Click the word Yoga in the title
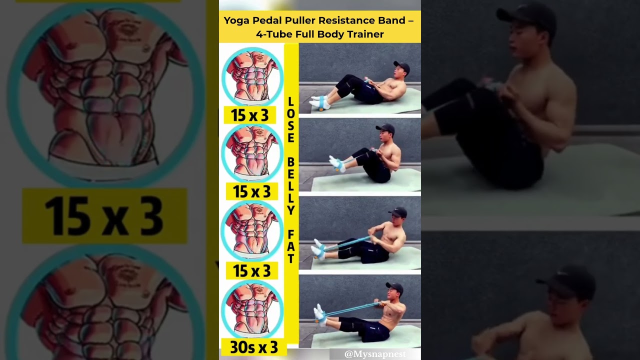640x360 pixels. [x=236, y=20]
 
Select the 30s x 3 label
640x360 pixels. [x=254, y=347]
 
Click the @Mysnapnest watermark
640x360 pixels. [x=375, y=354]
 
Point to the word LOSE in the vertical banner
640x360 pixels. [x=291, y=120]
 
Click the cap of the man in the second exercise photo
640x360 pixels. [x=385, y=129]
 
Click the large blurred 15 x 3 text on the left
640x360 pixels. [x=103, y=216]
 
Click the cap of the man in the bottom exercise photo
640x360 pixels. [x=394, y=287]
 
